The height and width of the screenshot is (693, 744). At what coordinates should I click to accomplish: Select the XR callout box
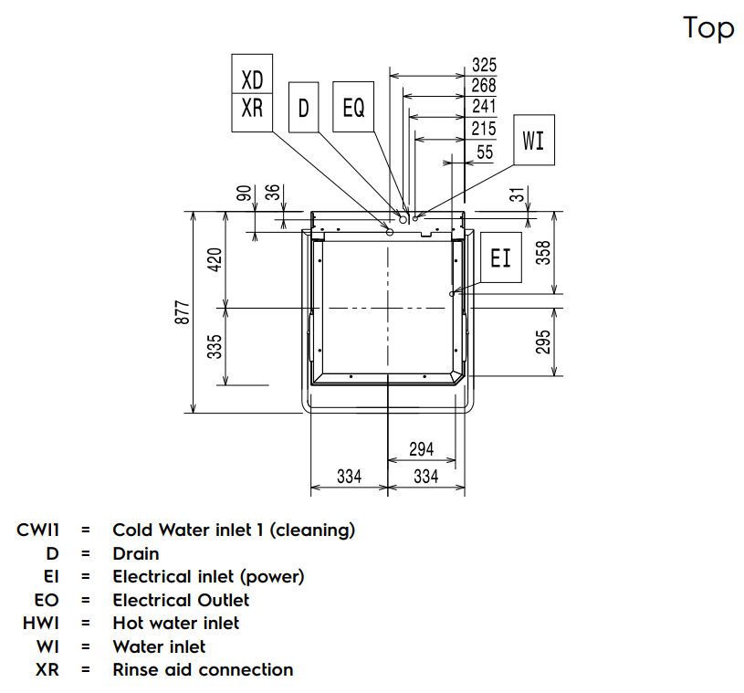[252, 108]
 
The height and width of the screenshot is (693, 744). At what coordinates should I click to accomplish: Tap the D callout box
[303, 108]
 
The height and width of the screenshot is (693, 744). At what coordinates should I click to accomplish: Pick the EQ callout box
[352, 108]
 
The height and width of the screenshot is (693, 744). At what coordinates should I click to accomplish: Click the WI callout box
[533, 140]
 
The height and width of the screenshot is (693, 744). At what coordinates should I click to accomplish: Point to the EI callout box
[501, 257]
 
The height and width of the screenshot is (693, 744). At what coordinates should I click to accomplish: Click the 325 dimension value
[484, 65]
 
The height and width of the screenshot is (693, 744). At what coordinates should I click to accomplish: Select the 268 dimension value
[484, 86]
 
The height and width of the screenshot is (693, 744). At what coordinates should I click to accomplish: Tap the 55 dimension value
[485, 152]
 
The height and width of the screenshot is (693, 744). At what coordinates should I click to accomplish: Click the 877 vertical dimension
[183, 312]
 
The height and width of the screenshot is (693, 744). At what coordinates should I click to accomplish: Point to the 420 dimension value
[215, 260]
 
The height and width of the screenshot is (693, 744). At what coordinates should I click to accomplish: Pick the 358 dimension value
[543, 253]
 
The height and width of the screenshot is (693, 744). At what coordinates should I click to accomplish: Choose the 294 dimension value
[421, 449]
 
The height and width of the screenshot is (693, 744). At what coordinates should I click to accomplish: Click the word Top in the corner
[708, 28]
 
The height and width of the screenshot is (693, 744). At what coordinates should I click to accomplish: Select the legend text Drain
[135, 553]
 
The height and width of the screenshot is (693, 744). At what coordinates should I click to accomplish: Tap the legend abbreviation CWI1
[37, 530]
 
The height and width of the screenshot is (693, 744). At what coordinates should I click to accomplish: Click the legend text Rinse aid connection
[203, 669]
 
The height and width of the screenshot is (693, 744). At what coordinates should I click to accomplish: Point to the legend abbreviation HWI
[41, 623]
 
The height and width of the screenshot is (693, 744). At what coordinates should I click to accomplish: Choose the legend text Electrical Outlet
[181, 600]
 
